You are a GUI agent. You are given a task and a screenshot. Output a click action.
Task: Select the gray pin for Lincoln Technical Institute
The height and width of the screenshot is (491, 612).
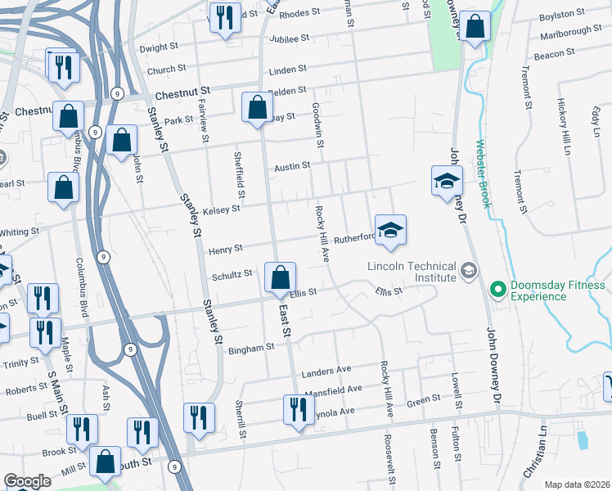pos(468,269)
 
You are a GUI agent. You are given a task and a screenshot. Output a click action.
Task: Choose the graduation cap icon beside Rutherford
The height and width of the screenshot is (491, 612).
pos(391,231)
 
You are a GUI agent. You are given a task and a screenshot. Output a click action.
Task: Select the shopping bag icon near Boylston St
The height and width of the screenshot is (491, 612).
pos(475,27)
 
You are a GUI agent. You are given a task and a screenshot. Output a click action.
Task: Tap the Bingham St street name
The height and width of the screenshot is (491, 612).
pos(253,348)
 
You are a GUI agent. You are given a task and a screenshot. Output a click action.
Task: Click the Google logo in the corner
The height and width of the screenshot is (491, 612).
pos(27,481)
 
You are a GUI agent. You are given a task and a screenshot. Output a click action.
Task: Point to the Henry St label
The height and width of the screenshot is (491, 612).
pos(226,248)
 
